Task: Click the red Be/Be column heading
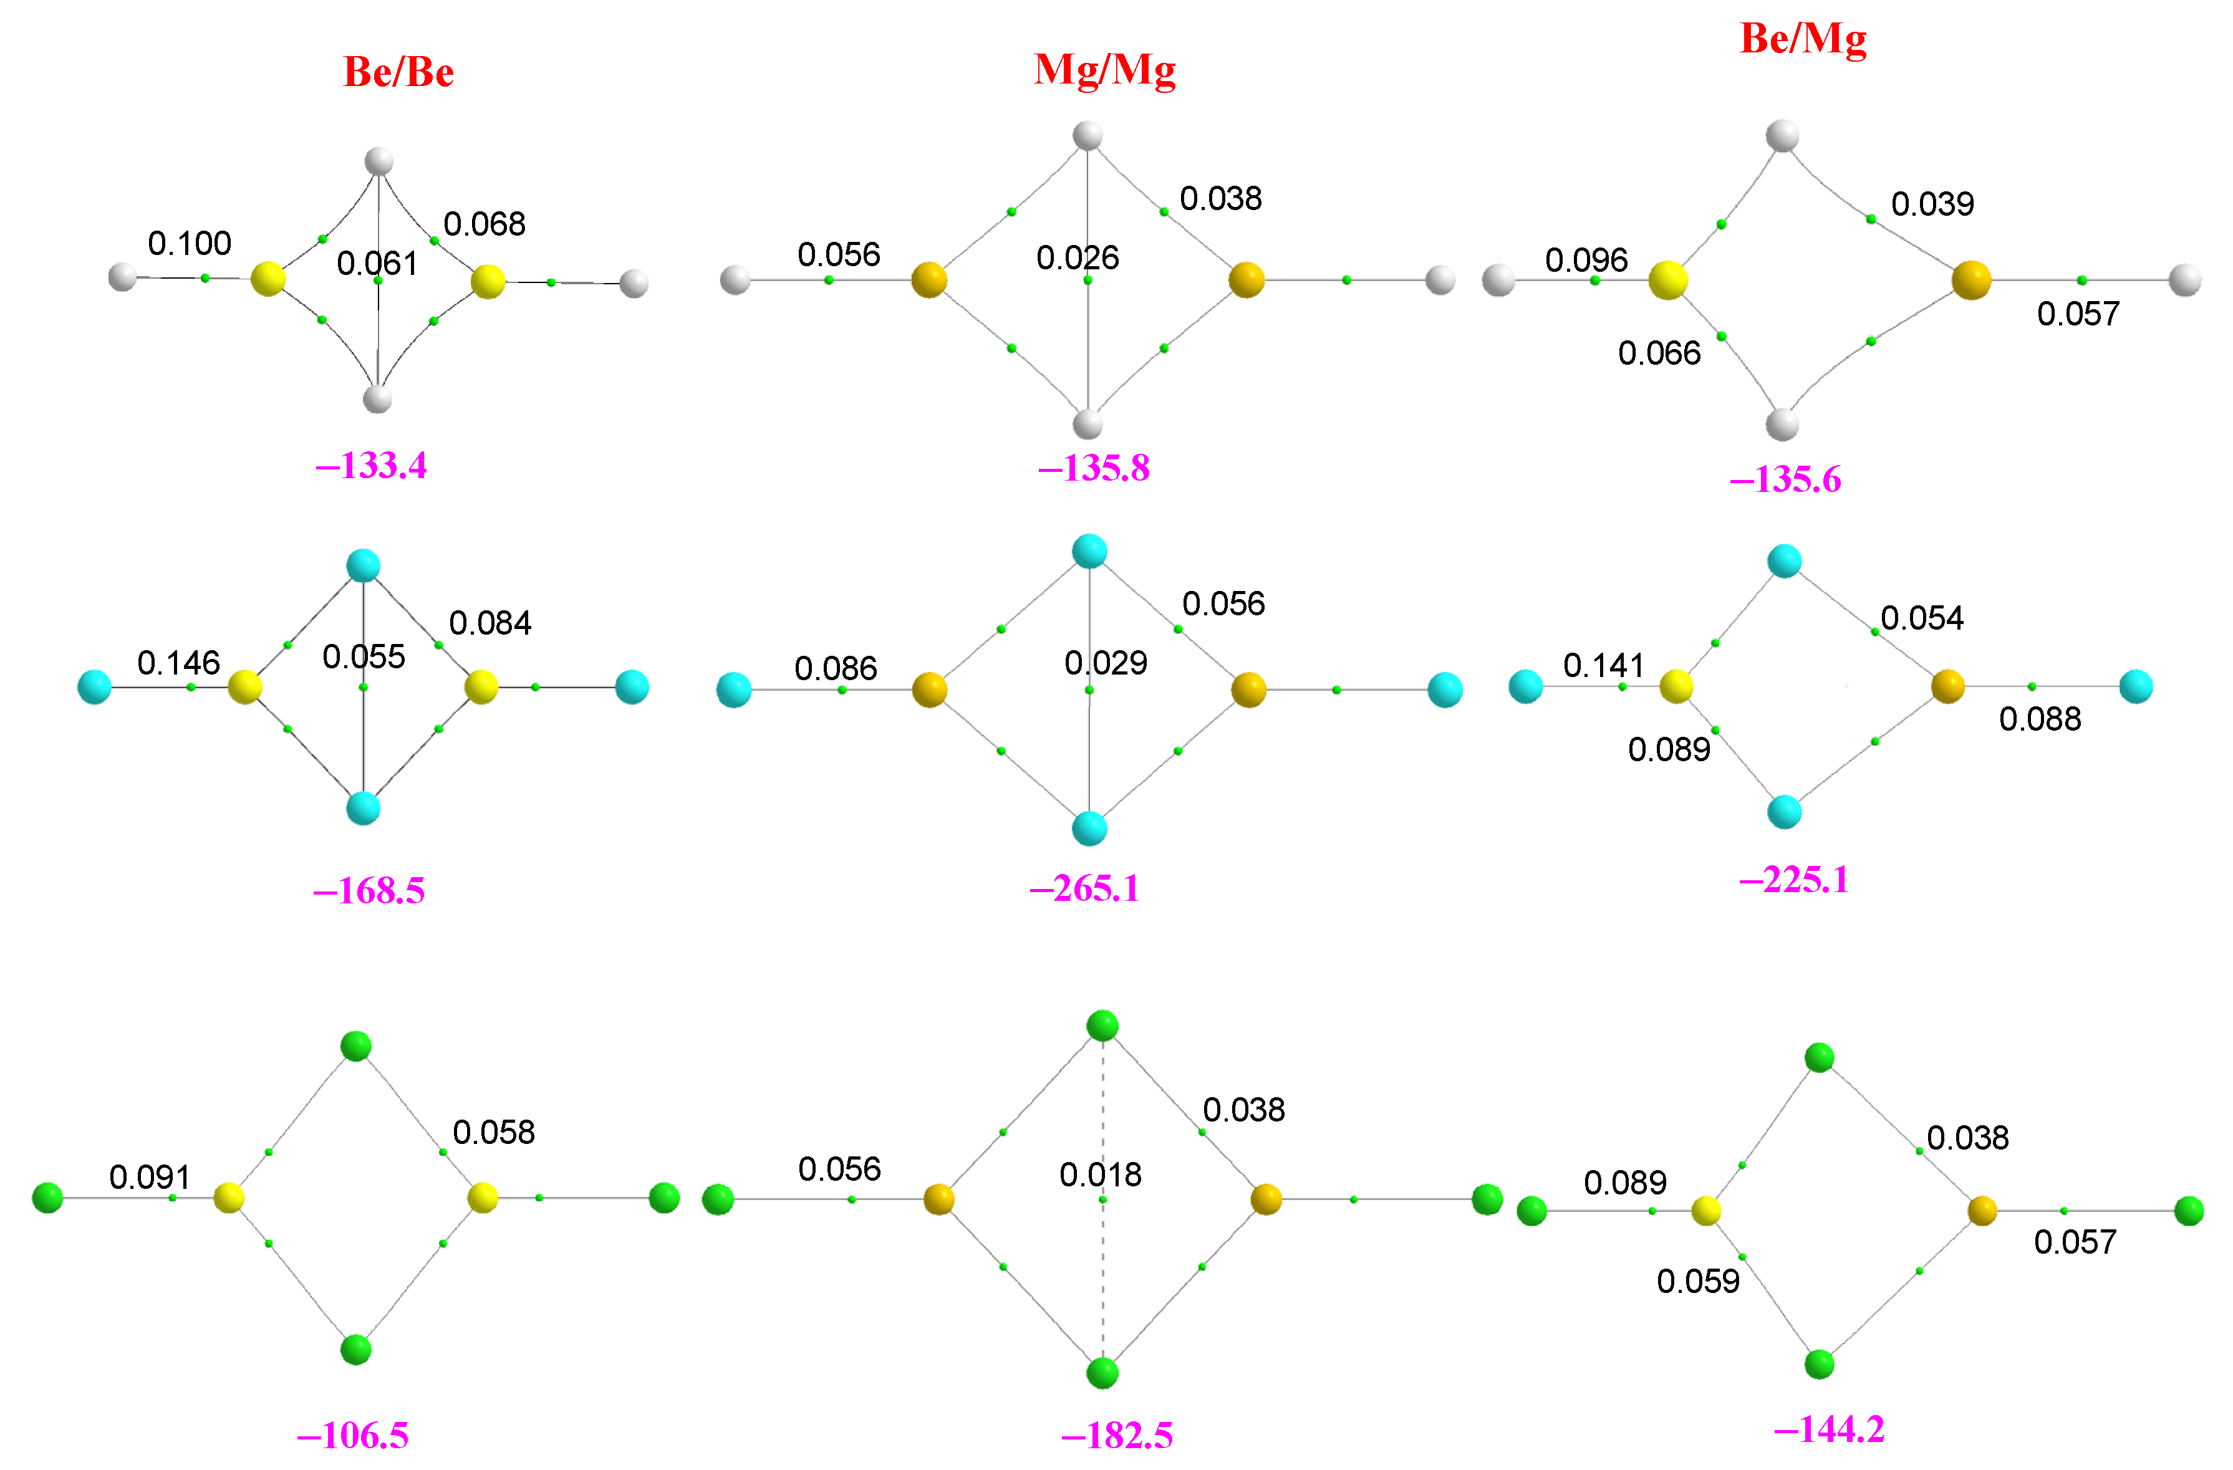398,72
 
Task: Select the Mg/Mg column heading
1104,69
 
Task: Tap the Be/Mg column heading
1802,39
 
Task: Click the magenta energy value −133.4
372,465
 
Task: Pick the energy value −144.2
1829,1429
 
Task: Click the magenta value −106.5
353,1434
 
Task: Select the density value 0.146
178,663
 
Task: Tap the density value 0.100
190,244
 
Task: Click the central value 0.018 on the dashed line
1101,1175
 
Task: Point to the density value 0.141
1603,666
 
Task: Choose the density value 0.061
377,264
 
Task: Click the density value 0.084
490,623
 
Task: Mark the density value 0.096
1586,260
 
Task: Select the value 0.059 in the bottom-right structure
1698,1282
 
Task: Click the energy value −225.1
1794,880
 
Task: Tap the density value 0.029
1105,663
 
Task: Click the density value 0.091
150,1178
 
